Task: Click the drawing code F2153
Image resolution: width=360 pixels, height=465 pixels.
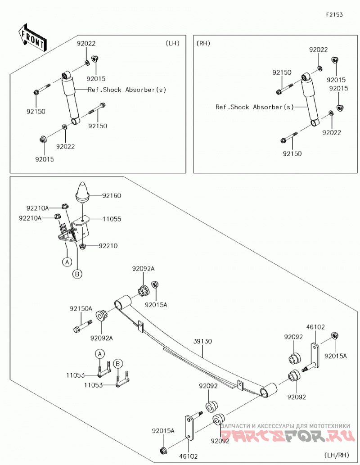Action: (334, 14)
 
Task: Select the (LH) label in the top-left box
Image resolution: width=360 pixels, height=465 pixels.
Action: (172, 43)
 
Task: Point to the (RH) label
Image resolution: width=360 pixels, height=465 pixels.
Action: (203, 43)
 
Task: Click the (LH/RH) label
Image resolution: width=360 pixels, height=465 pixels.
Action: (337, 455)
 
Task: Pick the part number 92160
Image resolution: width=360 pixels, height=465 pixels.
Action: (112, 196)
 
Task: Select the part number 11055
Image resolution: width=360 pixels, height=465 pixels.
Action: (112, 219)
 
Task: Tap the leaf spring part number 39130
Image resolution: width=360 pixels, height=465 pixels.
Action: (202, 341)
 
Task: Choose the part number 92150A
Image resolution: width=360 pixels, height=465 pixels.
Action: (81, 309)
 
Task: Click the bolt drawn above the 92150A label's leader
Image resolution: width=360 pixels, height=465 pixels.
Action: (83, 326)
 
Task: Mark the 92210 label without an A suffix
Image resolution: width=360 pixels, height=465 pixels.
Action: (108, 246)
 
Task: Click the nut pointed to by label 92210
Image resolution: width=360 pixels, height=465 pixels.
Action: (83, 246)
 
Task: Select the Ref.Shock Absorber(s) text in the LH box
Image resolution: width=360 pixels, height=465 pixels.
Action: (127, 90)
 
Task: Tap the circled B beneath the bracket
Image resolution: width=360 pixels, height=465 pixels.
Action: (77, 274)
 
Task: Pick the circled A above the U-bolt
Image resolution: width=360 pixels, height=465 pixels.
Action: (100, 354)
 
